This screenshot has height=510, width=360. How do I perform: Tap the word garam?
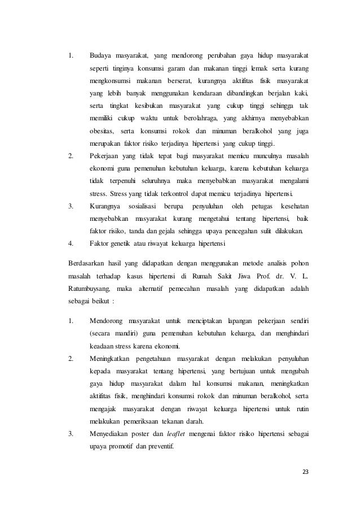[194, 68]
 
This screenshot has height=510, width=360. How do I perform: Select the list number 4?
[71, 243]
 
